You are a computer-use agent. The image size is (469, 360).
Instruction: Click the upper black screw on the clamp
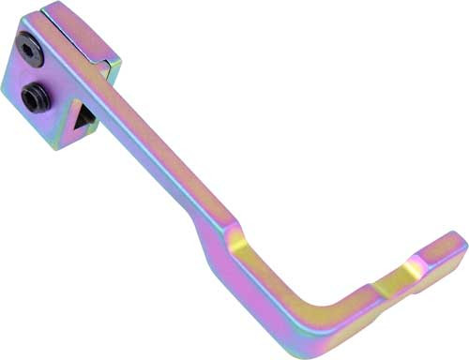(x=30, y=54)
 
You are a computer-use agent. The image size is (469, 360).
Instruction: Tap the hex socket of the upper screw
(x=30, y=54)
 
